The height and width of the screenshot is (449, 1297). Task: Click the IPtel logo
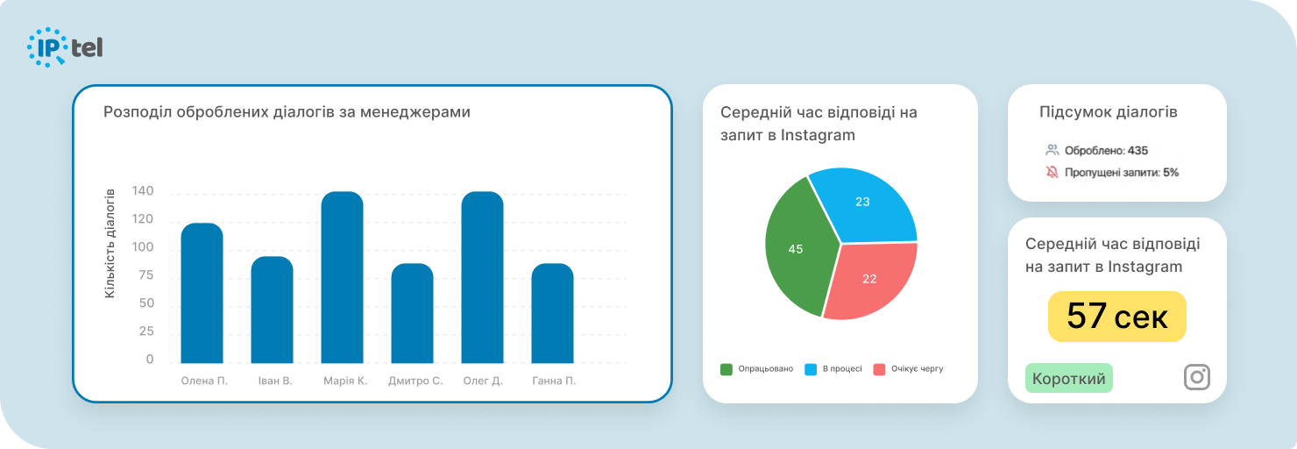(x=66, y=47)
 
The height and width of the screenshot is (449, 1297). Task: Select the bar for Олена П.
(x=202, y=293)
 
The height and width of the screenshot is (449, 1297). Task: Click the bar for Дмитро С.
(x=412, y=313)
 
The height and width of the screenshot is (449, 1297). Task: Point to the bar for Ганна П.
(x=552, y=313)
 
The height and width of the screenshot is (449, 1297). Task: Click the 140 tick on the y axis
(x=143, y=191)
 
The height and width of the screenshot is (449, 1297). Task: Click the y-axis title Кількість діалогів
(x=110, y=243)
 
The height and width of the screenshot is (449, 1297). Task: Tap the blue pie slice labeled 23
(x=864, y=205)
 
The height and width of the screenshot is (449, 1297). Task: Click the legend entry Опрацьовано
(x=757, y=369)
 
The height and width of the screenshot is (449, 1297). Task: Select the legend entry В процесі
(x=834, y=369)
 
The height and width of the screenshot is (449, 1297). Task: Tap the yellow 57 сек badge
(x=1116, y=317)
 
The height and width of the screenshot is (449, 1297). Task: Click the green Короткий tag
(x=1068, y=379)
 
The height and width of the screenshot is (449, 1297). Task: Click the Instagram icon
(x=1196, y=377)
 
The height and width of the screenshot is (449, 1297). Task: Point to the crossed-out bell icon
(x=1052, y=173)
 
